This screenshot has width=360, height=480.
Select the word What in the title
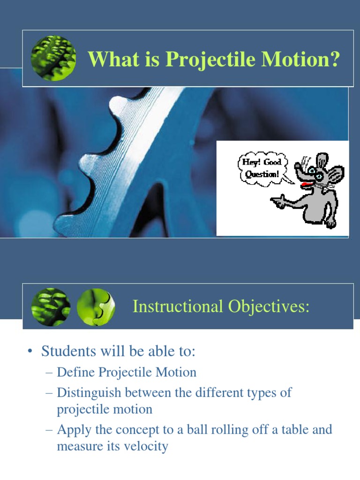pos(111,60)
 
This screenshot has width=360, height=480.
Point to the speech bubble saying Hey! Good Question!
pos(261,168)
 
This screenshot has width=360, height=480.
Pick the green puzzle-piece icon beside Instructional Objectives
pos(95,307)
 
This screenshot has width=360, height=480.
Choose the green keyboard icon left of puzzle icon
pos(51,307)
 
